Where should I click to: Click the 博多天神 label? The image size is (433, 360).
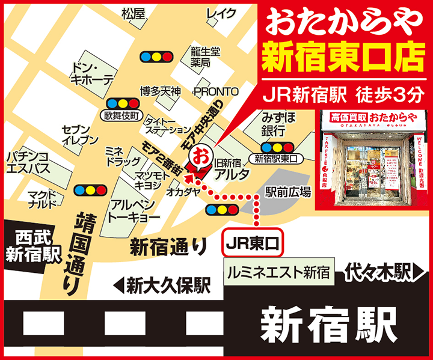coord(160,91)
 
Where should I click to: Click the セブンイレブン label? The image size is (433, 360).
coord(80,135)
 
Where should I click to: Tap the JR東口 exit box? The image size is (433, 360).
coord(253,243)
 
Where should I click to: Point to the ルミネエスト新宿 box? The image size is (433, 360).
coord(278,272)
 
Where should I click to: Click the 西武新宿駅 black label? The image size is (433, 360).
coord(34,246)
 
